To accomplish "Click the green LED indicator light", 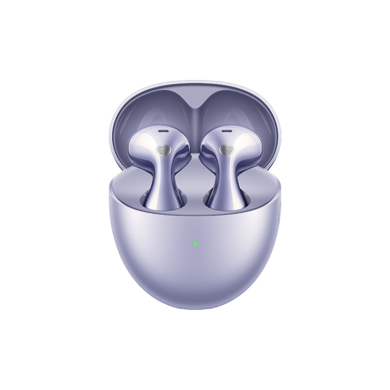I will point(195,243).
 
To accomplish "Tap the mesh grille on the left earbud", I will point(163,150).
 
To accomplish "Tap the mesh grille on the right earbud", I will point(226,150).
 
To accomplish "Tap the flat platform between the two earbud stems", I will point(195,179).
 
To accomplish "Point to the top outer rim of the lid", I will point(195,82).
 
